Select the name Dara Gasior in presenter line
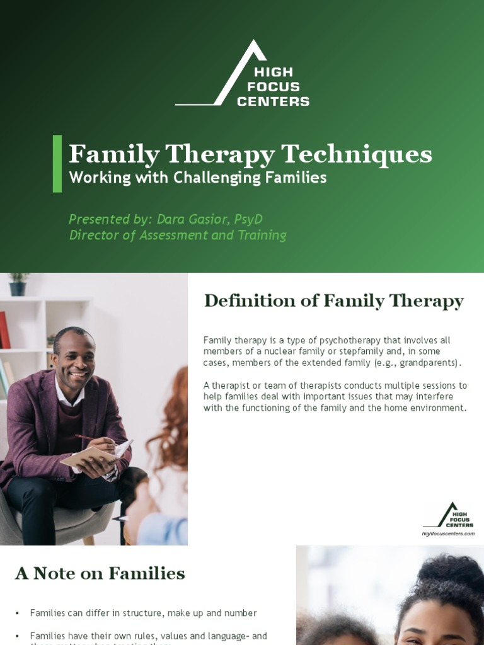[192, 219]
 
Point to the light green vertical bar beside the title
[57, 163]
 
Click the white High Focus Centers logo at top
[243, 74]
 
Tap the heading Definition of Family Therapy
[333, 301]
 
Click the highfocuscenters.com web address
[447, 534]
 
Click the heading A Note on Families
[100, 574]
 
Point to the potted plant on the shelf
[18, 284]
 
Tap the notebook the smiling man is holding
[95, 455]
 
